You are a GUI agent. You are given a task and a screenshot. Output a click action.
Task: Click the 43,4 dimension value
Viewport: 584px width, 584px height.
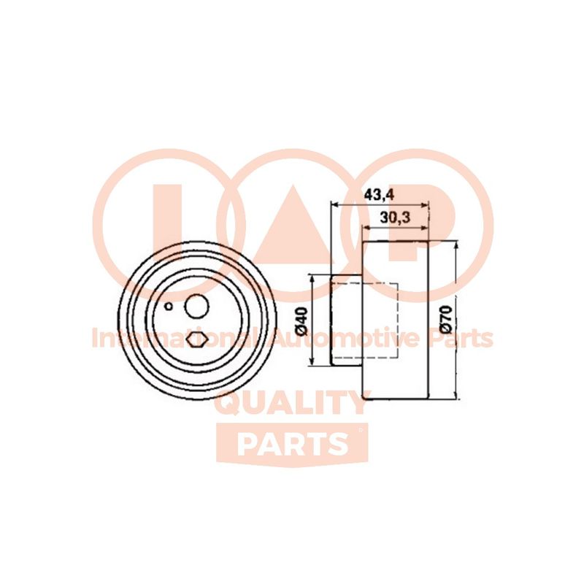point(379,195)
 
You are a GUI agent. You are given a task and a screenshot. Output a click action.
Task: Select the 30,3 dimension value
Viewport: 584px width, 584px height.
point(395,217)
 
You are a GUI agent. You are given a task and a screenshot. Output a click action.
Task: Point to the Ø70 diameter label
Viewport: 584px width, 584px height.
point(446,320)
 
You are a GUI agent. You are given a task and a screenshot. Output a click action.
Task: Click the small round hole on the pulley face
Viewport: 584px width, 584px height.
point(169,306)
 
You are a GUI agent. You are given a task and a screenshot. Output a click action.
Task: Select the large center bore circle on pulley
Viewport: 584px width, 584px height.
point(196,306)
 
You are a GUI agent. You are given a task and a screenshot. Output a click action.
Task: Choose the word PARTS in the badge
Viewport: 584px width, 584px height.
point(293,445)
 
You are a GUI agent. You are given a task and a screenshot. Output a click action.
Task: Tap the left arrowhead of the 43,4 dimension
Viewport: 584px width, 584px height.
point(335,205)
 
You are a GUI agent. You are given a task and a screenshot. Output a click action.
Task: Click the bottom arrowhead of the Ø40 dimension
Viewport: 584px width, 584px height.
point(313,361)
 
